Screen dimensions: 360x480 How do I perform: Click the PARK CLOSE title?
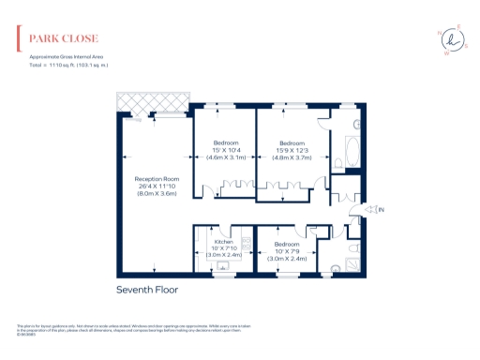pos(64,39)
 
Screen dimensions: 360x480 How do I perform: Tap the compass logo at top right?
pos(455,39)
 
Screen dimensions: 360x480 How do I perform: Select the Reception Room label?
pos(156,178)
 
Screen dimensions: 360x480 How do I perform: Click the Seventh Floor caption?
pos(146,290)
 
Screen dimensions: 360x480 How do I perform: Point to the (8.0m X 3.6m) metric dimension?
pos(156,192)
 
